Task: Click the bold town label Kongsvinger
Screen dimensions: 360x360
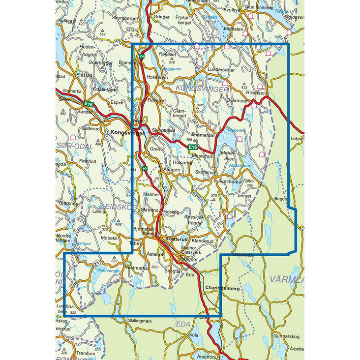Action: (128, 132)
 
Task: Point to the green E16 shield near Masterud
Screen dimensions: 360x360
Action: (193, 147)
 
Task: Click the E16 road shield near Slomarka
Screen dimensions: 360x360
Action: (88, 104)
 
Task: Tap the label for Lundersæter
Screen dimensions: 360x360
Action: (221, 70)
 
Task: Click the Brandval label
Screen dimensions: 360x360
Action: (128, 63)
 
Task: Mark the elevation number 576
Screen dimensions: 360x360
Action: (172, 62)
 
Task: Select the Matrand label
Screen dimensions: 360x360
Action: (150, 210)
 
